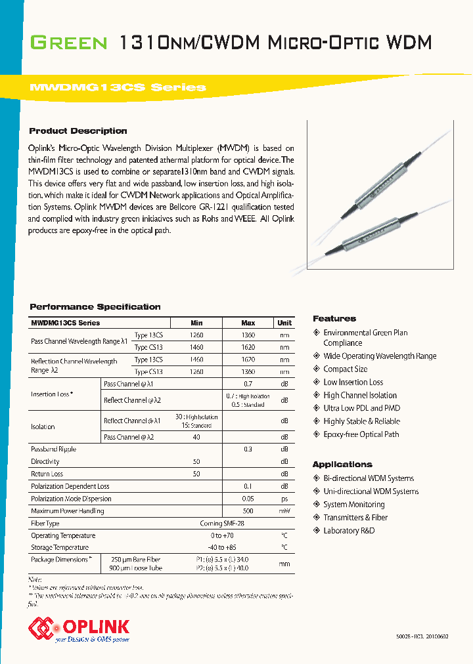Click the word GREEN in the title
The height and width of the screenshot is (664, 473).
coord(69,44)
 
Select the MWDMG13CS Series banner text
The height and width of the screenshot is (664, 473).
coord(118,87)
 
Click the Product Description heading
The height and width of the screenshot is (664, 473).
coord(78,131)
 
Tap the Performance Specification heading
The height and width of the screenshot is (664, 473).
coord(95,307)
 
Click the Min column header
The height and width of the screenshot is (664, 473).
coord(196,323)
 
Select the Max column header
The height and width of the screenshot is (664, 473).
coord(248,323)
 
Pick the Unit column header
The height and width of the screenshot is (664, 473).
coord(284,323)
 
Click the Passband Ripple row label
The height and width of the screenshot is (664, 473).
coord(53,449)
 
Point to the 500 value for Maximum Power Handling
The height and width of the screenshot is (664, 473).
coord(248,511)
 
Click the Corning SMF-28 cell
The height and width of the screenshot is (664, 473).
coord(222,524)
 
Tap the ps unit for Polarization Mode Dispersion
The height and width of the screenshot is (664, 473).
coord(284,499)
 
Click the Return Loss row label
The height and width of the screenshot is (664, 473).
coord(47,474)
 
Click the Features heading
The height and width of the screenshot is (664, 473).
coord(334,319)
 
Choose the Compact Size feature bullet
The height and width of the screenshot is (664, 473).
coord(345,369)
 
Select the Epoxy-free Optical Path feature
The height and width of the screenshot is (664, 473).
coord(361,434)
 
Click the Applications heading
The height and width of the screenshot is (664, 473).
coord(342,465)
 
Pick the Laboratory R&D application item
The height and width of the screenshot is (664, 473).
coord(349,531)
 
